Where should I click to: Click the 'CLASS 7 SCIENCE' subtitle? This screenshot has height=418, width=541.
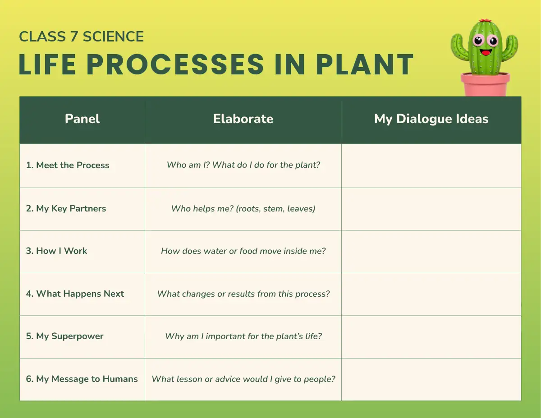click(x=81, y=37)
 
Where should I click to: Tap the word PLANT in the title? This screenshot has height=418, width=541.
click(x=365, y=64)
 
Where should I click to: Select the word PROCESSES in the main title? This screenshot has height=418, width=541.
click(x=175, y=64)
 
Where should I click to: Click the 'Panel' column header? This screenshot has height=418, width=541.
click(x=82, y=119)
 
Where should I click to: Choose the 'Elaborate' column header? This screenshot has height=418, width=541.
click(x=243, y=119)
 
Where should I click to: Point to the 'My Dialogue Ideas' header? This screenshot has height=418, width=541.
click(x=431, y=119)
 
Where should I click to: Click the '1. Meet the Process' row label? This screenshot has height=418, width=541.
click(x=68, y=165)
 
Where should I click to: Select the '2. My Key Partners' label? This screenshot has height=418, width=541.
click(x=66, y=209)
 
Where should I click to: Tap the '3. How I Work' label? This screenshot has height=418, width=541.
click(x=56, y=251)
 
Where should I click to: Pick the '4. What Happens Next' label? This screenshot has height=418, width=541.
click(x=75, y=294)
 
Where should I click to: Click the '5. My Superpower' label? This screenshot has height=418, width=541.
click(x=65, y=336)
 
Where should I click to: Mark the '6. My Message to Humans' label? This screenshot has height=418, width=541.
click(x=82, y=379)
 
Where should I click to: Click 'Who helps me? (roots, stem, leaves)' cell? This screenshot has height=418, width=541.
click(x=243, y=209)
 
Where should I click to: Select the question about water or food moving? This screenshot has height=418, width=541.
click(x=243, y=251)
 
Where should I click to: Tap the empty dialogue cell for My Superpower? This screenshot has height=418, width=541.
click(x=431, y=337)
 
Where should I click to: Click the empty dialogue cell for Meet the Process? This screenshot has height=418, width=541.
click(x=431, y=166)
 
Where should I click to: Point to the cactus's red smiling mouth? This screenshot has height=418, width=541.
click(x=486, y=52)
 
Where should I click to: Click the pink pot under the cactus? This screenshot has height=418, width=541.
click(x=485, y=84)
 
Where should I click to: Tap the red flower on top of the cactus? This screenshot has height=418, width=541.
click(x=485, y=20)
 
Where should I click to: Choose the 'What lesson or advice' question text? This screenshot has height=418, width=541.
click(x=243, y=379)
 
